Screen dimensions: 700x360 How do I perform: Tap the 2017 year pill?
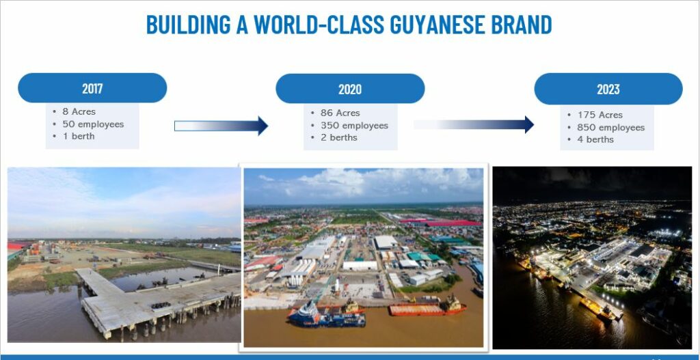(92, 88)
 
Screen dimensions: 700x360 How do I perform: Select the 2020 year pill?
(350, 89)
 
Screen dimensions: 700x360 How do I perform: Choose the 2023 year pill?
(608, 89)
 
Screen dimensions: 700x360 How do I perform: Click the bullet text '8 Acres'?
(79, 111)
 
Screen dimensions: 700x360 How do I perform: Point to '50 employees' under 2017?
(93, 124)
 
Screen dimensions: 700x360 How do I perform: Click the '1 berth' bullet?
(79, 136)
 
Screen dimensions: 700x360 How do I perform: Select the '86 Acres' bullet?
(340, 113)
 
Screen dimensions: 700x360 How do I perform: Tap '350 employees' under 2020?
(355, 126)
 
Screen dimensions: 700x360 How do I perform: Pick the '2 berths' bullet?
(339, 137)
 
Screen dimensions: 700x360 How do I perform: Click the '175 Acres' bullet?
(600, 115)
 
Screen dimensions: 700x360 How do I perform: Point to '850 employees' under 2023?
(611, 127)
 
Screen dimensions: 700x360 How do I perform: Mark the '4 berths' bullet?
(595, 139)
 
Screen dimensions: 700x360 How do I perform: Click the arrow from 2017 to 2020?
(221, 126)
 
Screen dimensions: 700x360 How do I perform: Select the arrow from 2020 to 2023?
(474, 124)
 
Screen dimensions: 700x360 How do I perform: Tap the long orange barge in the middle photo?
(427, 308)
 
